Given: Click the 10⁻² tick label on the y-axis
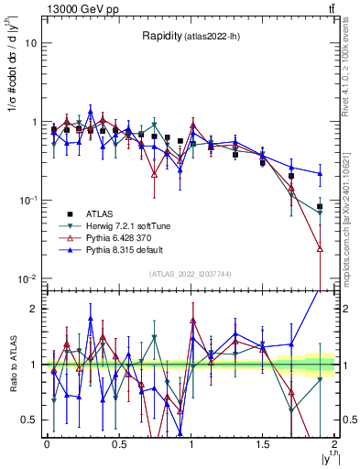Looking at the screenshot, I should [x=28, y=278].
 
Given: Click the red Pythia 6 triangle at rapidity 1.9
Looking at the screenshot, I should [x=320, y=248].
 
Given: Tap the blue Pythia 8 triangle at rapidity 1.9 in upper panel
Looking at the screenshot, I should [x=320, y=173].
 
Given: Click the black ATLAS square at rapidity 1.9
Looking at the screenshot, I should [x=320, y=207].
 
